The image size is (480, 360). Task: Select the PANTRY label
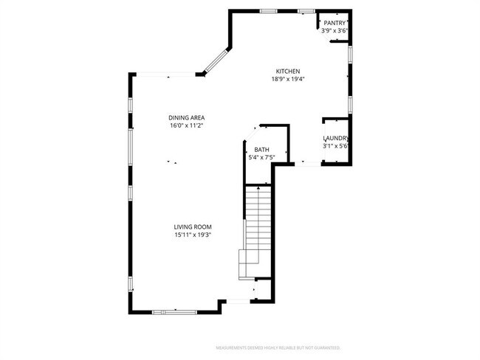[335, 24]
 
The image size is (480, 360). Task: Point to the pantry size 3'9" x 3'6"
[335, 31]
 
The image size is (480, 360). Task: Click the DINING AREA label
[186, 118]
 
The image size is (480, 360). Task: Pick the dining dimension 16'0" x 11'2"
[186, 125]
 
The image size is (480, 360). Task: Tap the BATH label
[262, 149]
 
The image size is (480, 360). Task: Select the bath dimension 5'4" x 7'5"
[262, 156]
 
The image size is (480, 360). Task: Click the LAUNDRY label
[335, 139]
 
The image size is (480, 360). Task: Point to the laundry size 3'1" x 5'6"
[335, 146]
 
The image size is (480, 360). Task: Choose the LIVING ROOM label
[193, 227]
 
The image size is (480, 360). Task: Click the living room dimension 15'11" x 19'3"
[193, 235]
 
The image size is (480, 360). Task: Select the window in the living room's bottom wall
[175, 312]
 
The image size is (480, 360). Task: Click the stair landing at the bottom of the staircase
[250, 263]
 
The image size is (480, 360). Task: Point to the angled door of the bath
[251, 132]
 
